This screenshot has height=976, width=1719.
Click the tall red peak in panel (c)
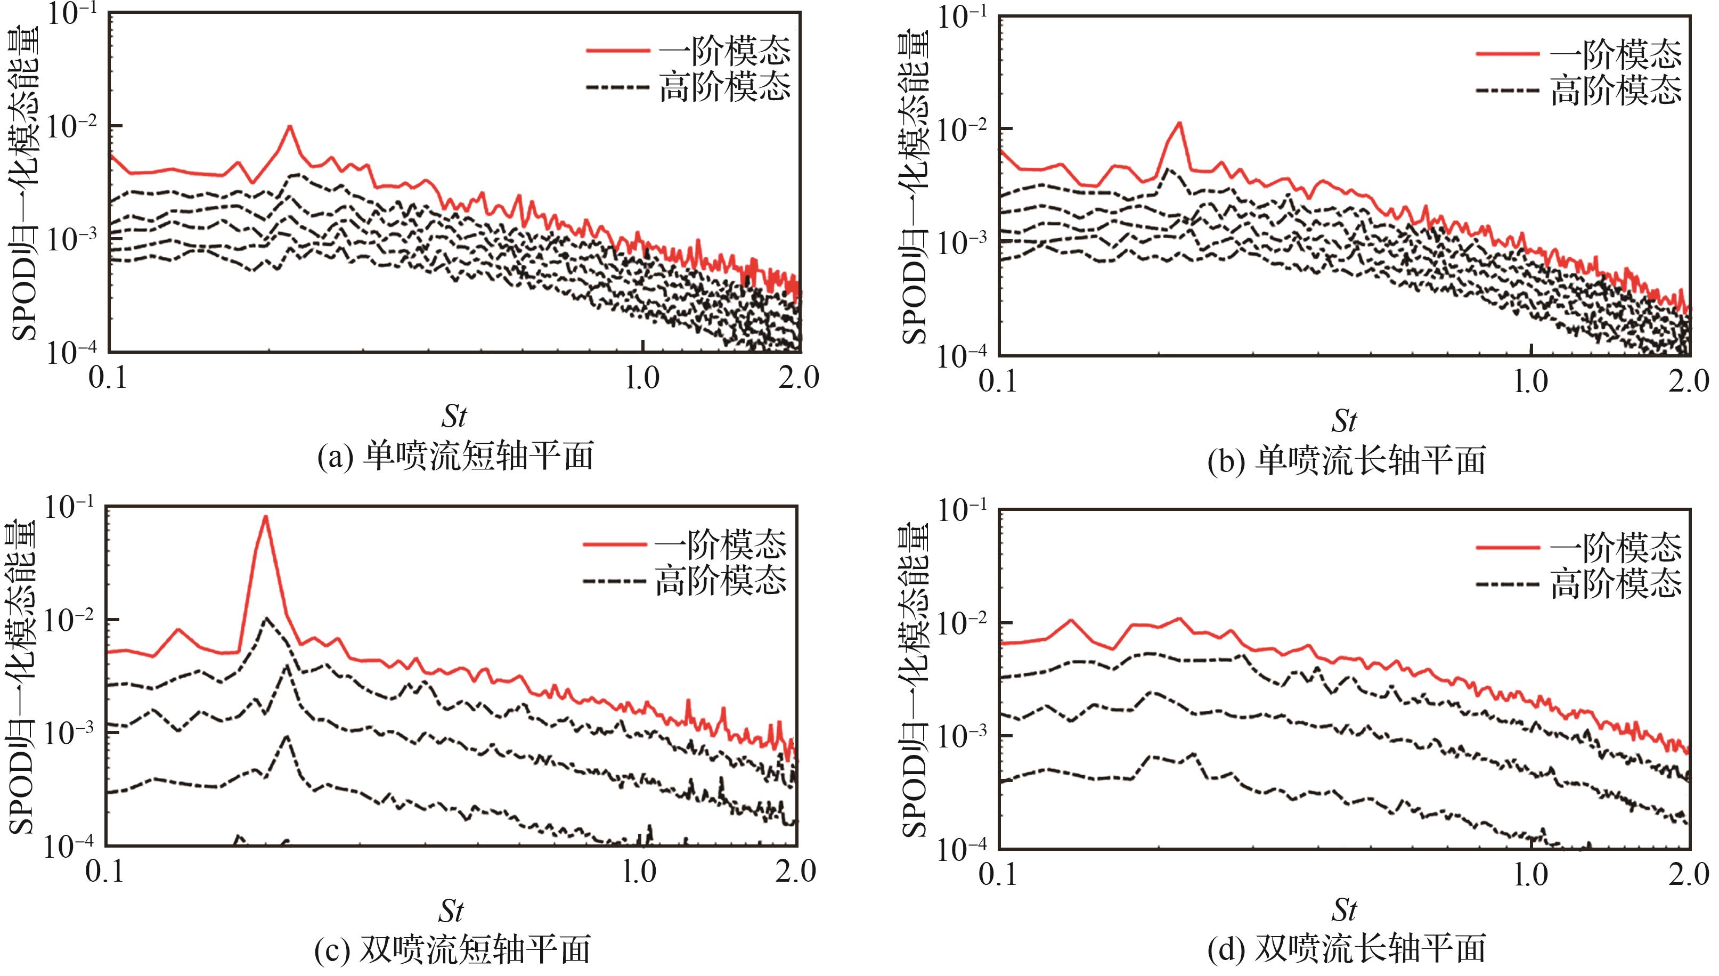click(265, 517)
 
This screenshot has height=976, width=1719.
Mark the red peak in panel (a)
click(289, 127)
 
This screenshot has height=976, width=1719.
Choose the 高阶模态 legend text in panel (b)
click(1615, 91)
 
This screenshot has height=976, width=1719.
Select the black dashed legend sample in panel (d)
click(1507, 584)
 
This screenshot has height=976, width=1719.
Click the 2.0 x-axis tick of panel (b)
click(1688, 382)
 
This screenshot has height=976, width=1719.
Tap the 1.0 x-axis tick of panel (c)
click(638, 872)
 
